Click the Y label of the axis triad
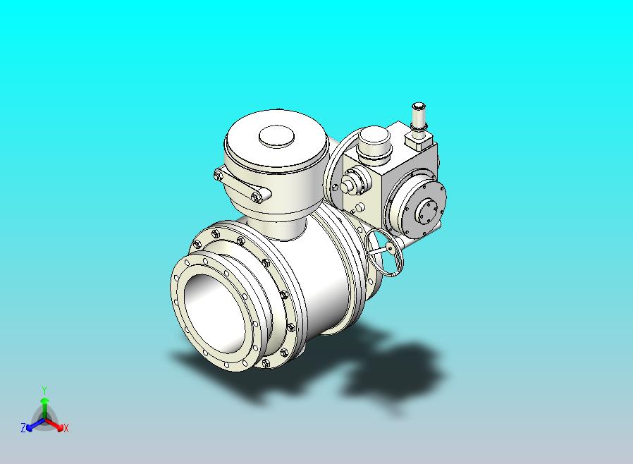[x=44, y=390]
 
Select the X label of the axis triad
[x=66, y=428]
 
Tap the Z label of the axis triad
[x=23, y=427]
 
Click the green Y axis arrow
[x=44, y=409]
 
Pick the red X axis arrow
[x=54, y=424]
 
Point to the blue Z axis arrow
[x=35, y=425]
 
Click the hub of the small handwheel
[x=390, y=246]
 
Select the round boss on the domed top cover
[x=276, y=136]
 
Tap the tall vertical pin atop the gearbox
[x=418, y=116]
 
